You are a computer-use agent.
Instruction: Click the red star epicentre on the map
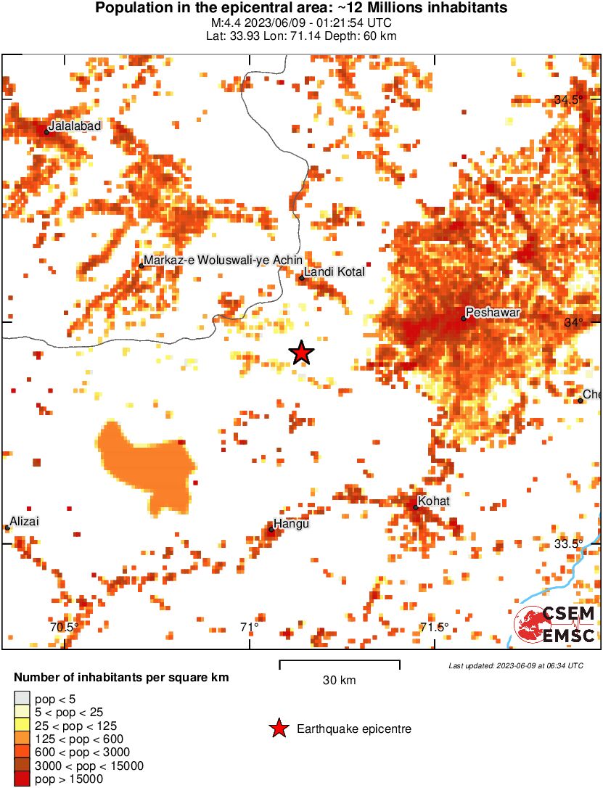[302, 353]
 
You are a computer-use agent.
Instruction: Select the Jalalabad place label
[75, 126]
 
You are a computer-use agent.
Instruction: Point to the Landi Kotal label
[328, 272]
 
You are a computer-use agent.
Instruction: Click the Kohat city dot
[416, 506]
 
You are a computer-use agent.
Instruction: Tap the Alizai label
[24, 521]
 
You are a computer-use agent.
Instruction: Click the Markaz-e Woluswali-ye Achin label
[223, 260]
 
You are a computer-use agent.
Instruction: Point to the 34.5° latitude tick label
[568, 100]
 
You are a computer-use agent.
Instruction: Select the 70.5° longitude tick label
[64, 627]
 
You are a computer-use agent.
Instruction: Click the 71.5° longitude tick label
[435, 627]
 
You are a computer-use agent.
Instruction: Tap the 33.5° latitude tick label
[568, 543]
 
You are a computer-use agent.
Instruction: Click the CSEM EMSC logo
[555, 625]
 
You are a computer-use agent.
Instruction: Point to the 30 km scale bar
[340, 661]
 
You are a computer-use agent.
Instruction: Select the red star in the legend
[278, 729]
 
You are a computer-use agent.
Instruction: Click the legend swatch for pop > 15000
[22, 779]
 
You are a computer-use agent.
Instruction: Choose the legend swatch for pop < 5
[22, 698]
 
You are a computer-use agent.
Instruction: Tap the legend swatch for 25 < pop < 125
[22, 725]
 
